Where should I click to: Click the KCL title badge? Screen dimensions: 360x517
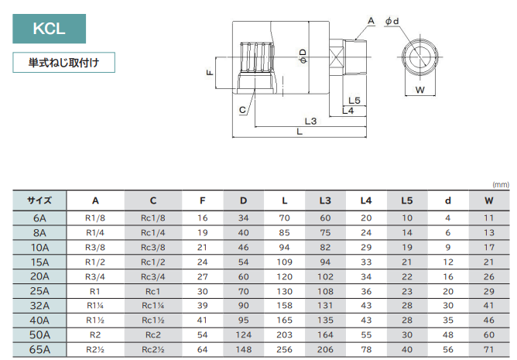(x=48, y=29)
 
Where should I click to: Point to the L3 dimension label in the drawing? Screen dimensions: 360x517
(x=310, y=121)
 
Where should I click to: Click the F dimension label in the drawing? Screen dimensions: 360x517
(x=210, y=72)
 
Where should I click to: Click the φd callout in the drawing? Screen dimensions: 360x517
(x=392, y=21)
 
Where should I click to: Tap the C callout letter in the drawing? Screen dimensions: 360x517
(x=242, y=110)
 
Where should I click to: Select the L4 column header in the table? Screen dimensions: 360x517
(x=366, y=201)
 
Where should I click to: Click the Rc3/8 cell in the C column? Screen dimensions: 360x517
(x=153, y=247)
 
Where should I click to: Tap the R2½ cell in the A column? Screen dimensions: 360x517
(x=94, y=350)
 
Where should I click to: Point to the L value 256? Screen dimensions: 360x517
(x=284, y=350)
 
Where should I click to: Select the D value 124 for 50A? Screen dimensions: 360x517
(x=244, y=335)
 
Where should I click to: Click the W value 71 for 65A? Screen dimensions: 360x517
(x=488, y=350)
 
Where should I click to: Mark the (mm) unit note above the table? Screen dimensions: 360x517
(x=499, y=184)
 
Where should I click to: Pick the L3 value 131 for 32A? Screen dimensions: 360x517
(x=325, y=306)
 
